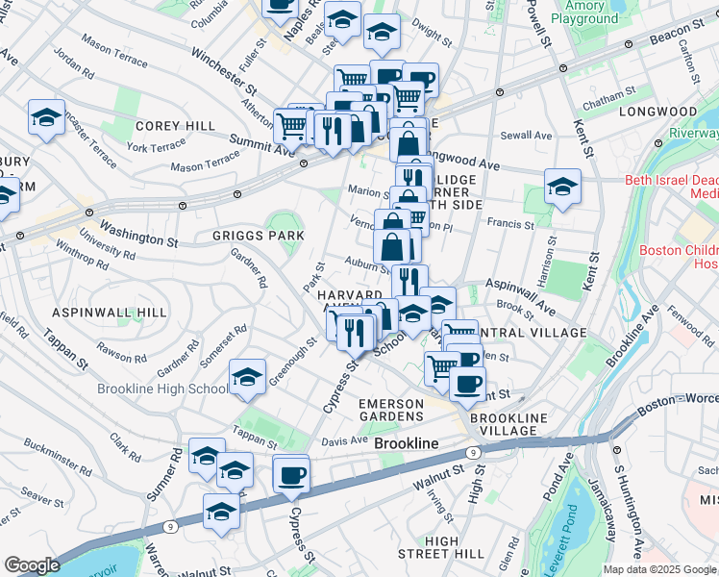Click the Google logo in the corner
(32, 565)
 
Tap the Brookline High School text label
(162, 389)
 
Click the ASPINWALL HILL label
(110, 314)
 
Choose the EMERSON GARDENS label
(390, 409)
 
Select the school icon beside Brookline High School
(247, 378)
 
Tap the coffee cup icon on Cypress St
(291, 473)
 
